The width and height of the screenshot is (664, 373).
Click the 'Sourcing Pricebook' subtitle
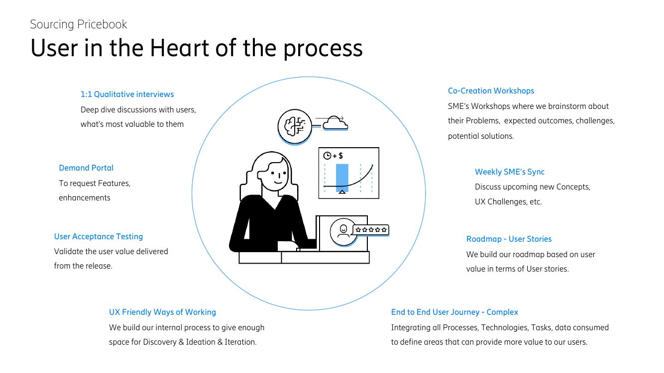click(79, 24)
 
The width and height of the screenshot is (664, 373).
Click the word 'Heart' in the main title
click(180, 48)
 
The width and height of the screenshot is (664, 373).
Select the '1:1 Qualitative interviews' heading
click(127, 94)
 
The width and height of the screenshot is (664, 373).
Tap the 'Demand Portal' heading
click(86, 168)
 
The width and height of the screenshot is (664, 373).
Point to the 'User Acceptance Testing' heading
click(99, 236)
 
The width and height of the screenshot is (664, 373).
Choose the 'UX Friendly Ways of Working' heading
click(162, 312)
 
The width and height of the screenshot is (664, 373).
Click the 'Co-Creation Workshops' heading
click(491, 91)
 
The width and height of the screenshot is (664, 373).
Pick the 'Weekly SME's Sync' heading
click(510, 172)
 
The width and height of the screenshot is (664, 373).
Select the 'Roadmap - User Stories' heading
click(509, 239)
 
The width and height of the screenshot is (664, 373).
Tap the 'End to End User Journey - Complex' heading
click(454, 312)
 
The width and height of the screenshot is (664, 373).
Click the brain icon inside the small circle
click(294, 126)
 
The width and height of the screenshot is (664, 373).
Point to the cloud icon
click(335, 123)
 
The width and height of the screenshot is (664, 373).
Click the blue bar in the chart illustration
click(342, 178)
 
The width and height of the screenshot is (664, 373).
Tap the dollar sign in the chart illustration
click(340, 156)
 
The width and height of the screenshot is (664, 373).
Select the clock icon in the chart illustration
click(327, 156)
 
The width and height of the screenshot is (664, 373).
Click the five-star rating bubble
click(371, 230)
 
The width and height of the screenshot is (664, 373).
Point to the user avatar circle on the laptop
click(343, 232)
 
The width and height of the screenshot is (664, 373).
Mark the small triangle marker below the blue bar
click(342, 192)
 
